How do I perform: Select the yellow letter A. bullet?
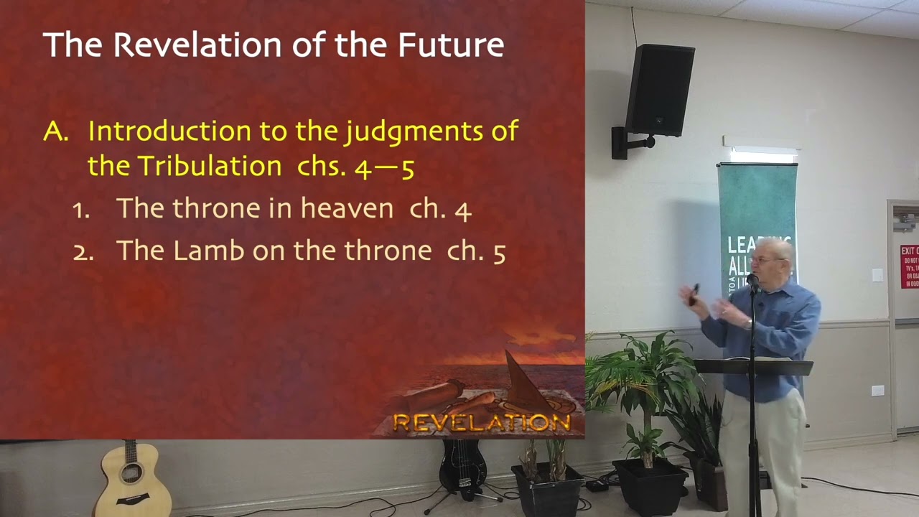click(x=55, y=131)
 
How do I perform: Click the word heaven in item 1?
click(x=347, y=208)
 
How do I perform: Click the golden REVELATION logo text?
click(x=482, y=423)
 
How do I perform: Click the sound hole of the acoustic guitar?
click(x=131, y=473)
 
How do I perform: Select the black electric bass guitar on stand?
click(x=462, y=467)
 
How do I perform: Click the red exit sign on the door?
click(x=910, y=266)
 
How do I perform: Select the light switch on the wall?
click(x=877, y=275)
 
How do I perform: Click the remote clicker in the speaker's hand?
click(x=694, y=293)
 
